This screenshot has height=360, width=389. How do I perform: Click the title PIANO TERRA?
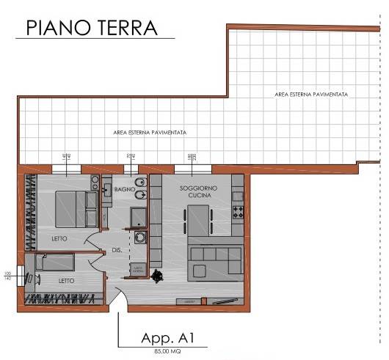tap(92, 27)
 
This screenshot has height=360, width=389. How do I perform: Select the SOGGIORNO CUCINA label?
tap(196, 192)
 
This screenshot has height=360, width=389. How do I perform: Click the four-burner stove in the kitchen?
tap(238, 213)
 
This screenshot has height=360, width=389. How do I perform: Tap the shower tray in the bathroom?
tap(139, 217)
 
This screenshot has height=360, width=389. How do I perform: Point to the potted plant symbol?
tap(157, 276)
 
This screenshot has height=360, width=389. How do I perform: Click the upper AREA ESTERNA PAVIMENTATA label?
tap(311, 95)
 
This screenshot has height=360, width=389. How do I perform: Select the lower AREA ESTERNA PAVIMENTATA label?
tap(150, 133)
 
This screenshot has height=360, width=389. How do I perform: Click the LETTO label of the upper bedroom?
tap(60, 239)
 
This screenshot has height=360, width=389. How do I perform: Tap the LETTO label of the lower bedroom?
tap(65, 280)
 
